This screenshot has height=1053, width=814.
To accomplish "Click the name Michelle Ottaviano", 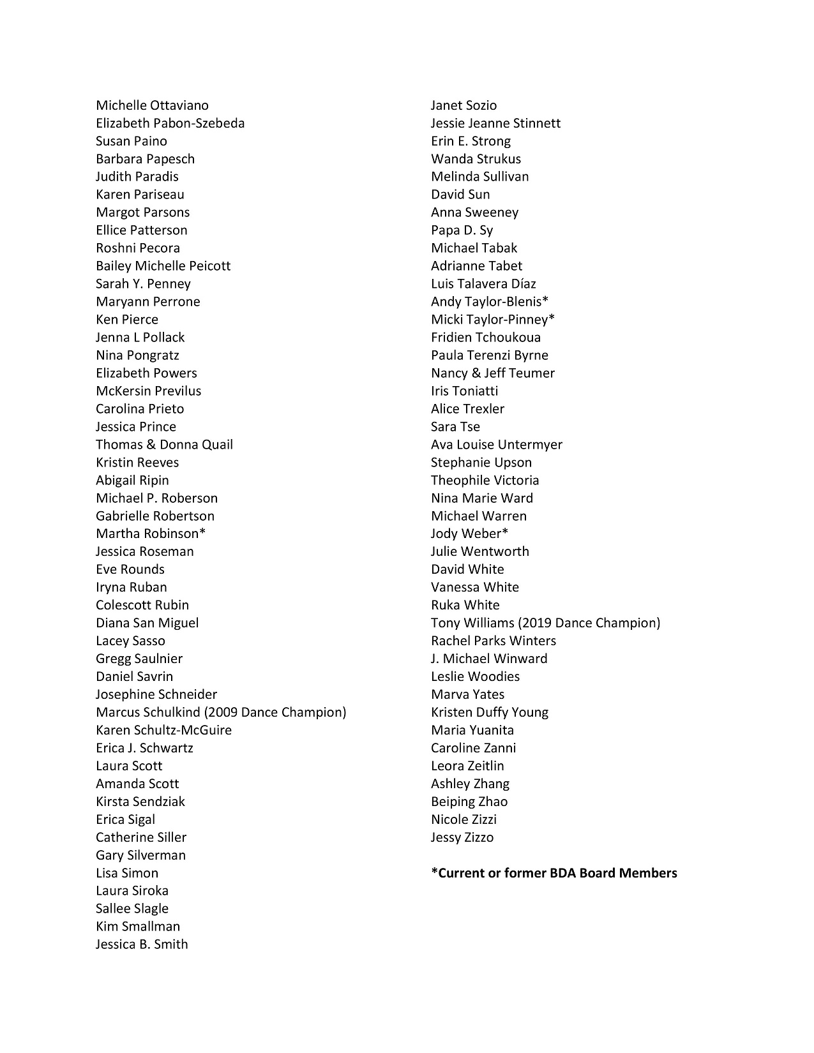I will [152, 105].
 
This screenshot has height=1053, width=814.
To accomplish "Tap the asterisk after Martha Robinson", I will [202, 532].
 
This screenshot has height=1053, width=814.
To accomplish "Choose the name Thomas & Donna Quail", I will [164, 445].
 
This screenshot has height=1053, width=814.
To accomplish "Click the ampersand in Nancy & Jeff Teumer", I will [476, 373].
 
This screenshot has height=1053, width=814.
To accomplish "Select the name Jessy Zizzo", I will [462, 837].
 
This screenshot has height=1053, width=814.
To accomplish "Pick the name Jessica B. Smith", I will [142, 945].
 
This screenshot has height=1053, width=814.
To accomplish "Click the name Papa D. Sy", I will [462, 230].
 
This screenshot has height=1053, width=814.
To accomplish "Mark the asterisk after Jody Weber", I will [505, 532].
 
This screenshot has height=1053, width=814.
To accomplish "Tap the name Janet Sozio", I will [464, 105].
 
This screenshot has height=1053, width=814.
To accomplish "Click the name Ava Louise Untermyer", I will [497, 445].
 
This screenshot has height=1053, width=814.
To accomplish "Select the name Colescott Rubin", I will [142, 605].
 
